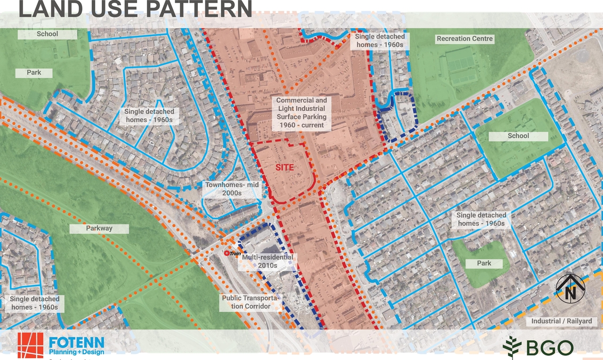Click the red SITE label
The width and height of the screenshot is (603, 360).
pyautogui.click(x=285, y=168)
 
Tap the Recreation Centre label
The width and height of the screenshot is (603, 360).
pyautogui.click(x=464, y=39)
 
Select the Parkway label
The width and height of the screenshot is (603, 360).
pyautogui.click(x=99, y=229)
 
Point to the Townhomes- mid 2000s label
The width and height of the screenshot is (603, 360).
pyautogui.click(x=232, y=189)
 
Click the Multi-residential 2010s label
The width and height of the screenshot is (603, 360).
pyautogui.click(x=267, y=262)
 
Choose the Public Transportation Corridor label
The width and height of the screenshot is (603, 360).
pyautogui.click(x=251, y=302)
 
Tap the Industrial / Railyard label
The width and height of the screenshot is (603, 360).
pyautogui.click(x=562, y=321)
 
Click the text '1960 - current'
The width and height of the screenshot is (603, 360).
pyautogui.click(x=301, y=125)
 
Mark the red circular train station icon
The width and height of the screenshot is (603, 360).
pyautogui.click(x=227, y=254)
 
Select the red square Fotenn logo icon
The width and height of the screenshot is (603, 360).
pyautogui.click(x=31, y=345)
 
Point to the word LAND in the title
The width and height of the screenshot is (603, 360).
pyautogui.click(x=47, y=9)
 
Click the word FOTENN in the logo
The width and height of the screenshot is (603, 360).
pyautogui.click(x=77, y=342)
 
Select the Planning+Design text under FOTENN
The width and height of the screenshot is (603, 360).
pyautogui.click(x=77, y=352)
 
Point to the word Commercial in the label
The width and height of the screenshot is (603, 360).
pyautogui.click(x=295, y=100)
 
